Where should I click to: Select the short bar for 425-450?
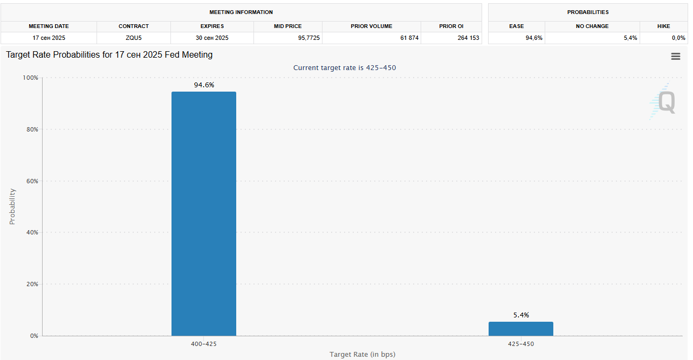pos(520,329)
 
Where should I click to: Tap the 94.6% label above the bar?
pos(204,85)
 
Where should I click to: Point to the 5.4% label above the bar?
pos(521,315)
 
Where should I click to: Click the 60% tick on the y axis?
pos(31,181)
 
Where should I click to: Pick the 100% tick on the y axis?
pos(30,78)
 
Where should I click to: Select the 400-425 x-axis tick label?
pos(204,344)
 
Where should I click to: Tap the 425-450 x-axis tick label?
pos(521,344)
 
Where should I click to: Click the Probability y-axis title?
pos(12,206)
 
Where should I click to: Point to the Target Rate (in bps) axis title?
pos(362,354)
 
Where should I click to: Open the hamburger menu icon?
pos(675,56)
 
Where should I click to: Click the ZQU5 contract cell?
pos(134,38)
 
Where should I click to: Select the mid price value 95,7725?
pos(287,38)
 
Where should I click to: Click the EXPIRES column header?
pos(212,26)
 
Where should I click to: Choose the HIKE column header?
pos(664,26)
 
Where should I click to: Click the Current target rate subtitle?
pos(345,67)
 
